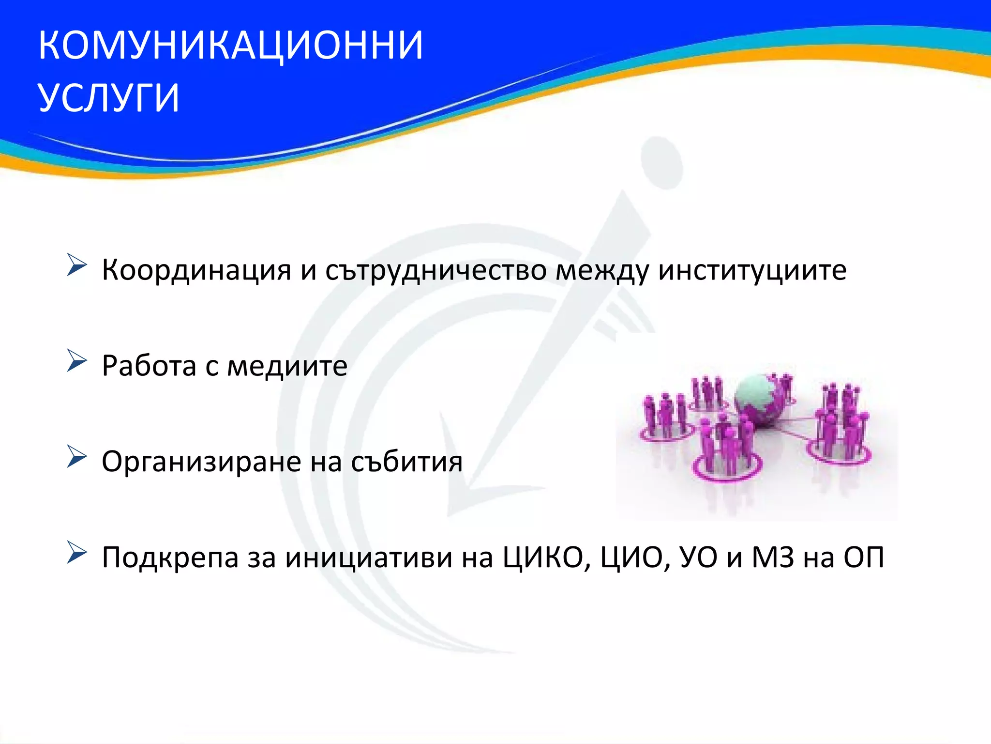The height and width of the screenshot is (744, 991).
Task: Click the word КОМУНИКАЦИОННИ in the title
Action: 230,45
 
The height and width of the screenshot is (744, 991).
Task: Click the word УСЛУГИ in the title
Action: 109,98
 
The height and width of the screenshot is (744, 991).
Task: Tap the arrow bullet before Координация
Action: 76,265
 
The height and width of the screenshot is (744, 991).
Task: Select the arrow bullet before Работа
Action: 76,361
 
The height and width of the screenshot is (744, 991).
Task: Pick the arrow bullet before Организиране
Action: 76,457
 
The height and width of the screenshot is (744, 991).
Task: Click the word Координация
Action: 196,270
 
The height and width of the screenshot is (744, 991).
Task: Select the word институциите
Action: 752,270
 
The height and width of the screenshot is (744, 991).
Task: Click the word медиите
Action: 287,366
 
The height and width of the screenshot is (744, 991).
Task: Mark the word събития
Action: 406,462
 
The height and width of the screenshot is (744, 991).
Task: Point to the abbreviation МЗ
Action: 773,557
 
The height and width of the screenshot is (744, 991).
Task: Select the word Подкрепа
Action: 170,557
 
